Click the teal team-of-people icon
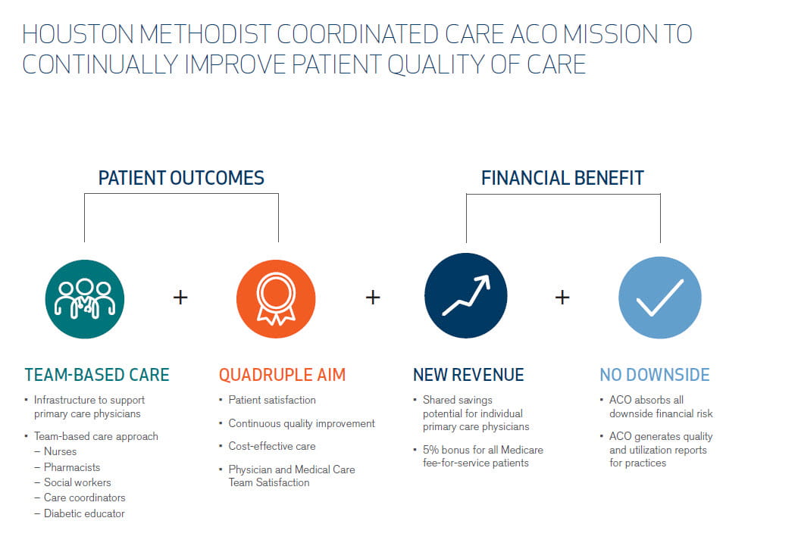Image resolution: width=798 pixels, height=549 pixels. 84,299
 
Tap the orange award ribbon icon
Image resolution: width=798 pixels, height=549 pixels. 276,299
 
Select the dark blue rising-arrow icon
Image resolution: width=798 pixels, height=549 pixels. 465,295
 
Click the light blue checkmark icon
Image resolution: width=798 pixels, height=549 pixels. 659,298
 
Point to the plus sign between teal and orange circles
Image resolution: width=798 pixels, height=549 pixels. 180,298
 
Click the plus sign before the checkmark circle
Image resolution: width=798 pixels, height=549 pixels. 562,298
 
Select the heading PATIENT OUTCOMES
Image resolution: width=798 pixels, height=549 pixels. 181,178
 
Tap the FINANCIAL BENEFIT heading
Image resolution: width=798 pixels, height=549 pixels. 562,178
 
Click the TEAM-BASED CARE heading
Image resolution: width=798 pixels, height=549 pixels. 97,375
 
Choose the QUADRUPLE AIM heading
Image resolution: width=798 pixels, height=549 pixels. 282,375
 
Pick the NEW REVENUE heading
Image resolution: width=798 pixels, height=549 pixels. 468,375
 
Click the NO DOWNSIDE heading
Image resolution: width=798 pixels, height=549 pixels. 655,375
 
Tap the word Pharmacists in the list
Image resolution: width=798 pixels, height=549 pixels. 72,467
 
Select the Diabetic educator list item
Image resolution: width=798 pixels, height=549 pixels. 84,513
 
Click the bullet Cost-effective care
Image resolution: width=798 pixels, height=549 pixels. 272,446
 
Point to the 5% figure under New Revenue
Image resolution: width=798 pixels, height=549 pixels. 430,450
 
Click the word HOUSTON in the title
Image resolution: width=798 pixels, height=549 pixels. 78,35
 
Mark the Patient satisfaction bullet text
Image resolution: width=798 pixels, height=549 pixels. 272,400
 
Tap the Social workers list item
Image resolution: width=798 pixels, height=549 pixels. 77,482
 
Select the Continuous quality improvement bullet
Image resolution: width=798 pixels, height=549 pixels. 302,423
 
